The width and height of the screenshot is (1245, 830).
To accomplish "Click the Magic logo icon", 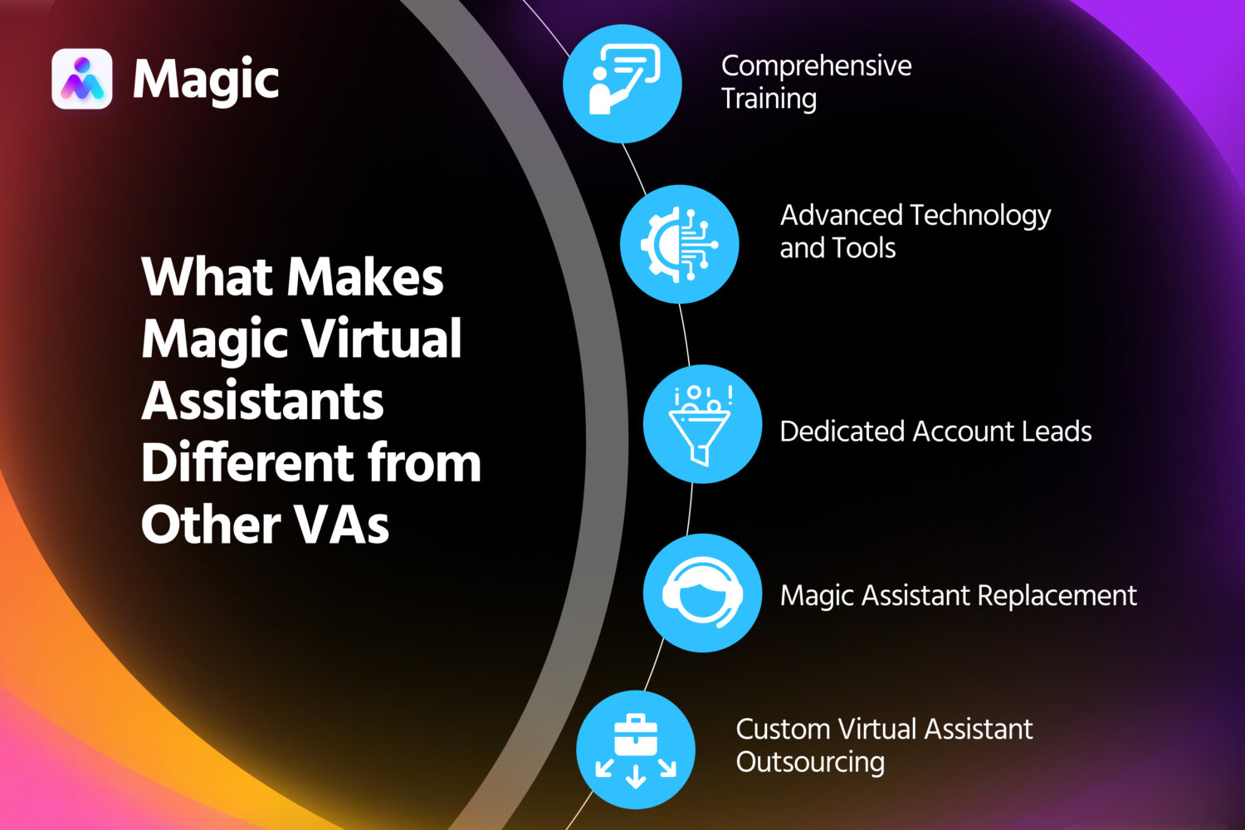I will [x=81, y=79].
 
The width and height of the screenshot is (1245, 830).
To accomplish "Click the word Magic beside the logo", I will [x=206, y=81].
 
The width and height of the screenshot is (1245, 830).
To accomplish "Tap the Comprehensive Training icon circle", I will [x=622, y=84].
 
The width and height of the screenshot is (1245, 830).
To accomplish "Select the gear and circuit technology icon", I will [x=679, y=244].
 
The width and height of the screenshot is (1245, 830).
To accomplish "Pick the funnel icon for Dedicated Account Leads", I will [x=702, y=423].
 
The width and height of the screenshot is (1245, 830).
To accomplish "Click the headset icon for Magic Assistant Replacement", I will [x=702, y=593].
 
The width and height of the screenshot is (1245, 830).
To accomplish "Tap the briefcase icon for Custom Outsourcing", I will [x=636, y=749].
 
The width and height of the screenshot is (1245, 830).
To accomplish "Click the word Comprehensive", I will [x=816, y=66].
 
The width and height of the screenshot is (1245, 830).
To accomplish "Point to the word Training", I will [x=769, y=99].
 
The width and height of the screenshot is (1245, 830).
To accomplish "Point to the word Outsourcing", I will [x=810, y=763].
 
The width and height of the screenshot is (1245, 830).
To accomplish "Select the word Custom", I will [x=783, y=729].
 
